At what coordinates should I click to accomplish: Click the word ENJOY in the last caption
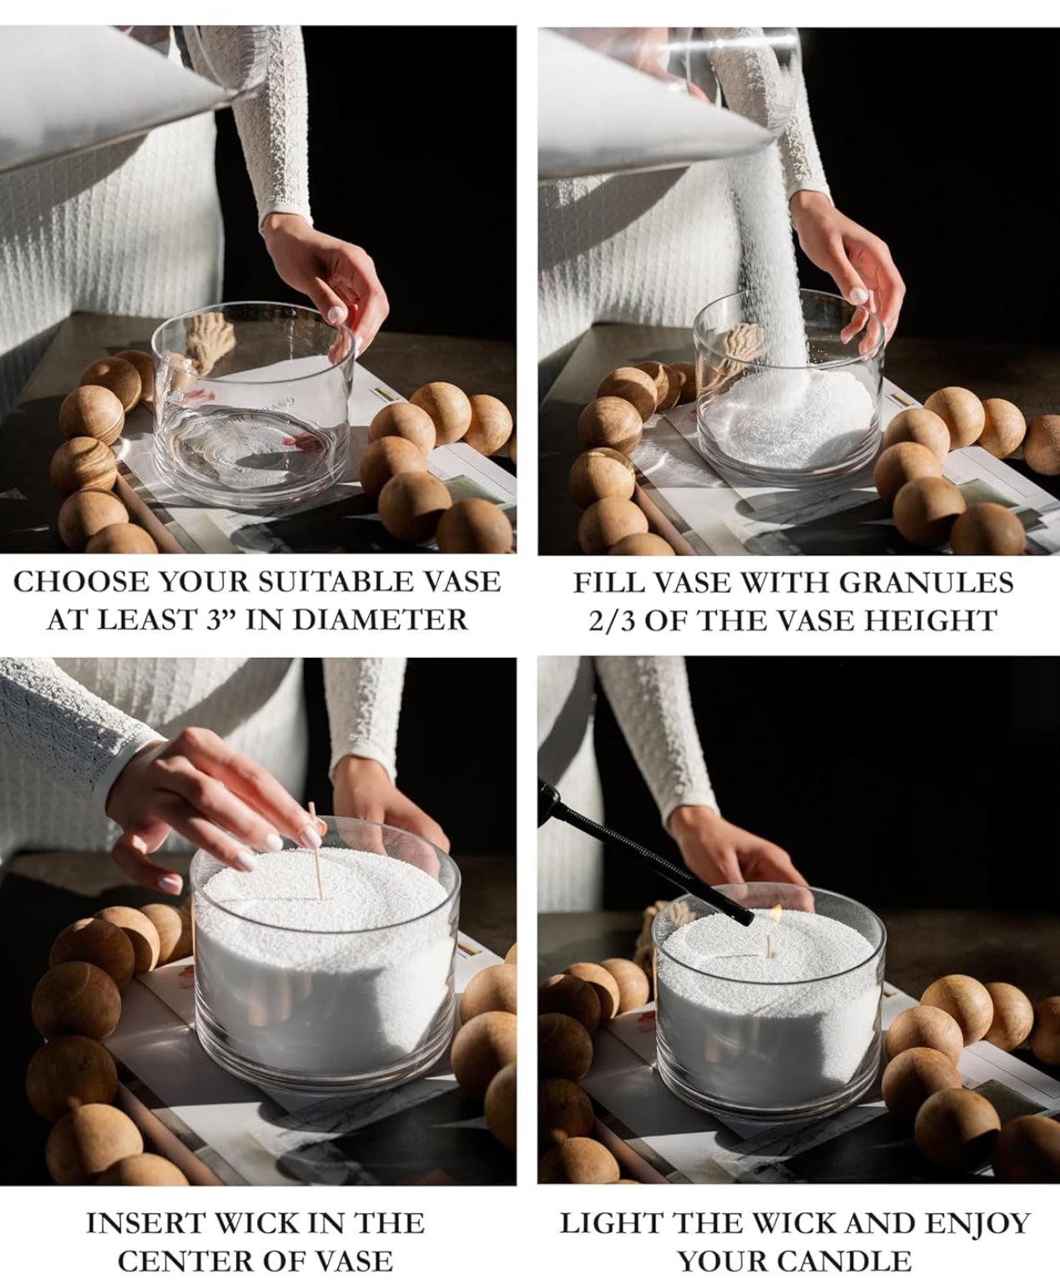pyautogui.click(x=978, y=1223)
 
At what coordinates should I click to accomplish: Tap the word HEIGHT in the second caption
pyautogui.click(x=939, y=620)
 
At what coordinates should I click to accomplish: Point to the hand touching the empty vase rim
pyautogui.click(x=327, y=280)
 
